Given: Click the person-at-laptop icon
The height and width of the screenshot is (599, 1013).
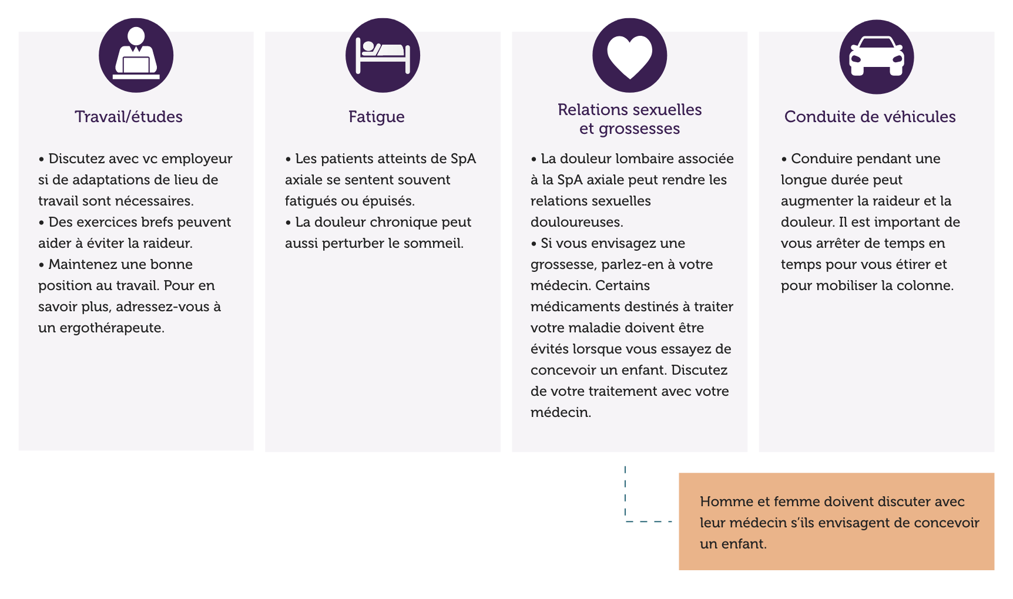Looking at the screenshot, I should (x=136, y=55).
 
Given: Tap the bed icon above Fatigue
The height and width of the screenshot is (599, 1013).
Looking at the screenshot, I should (x=383, y=55).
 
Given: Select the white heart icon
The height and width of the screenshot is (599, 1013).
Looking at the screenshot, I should (x=629, y=56).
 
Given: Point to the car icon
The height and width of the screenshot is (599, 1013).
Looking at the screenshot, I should (x=876, y=56).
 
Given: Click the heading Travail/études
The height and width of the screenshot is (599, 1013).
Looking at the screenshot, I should (x=129, y=117).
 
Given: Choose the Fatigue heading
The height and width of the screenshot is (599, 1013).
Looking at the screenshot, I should (x=376, y=117).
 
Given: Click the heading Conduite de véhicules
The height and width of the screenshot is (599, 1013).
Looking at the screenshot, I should (x=870, y=117).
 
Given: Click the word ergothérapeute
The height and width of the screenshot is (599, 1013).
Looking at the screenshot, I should (x=112, y=328).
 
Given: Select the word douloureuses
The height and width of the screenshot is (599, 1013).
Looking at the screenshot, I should (x=576, y=223).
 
